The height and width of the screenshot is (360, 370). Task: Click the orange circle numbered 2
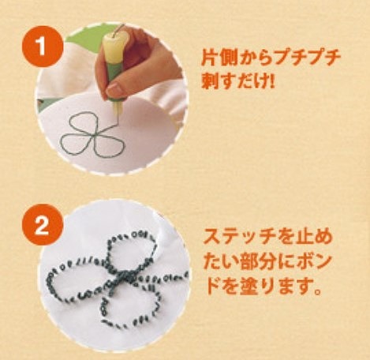click(41, 226)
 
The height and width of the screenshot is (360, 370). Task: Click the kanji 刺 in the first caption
click(211, 81)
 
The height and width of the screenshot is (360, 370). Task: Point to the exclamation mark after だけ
click(271, 81)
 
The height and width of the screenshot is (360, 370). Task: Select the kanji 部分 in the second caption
click(257, 262)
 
